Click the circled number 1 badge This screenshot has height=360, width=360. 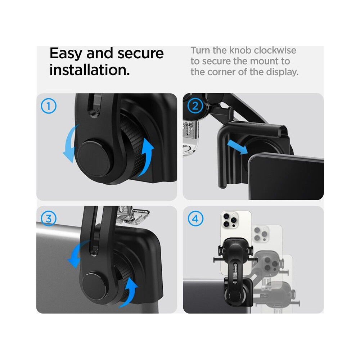click(x=49, y=106)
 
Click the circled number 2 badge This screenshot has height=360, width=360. click(x=195, y=106)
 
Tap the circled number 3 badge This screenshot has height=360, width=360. click(x=49, y=219)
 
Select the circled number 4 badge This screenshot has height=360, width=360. click(x=195, y=219)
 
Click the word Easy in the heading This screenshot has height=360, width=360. click(x=66, y=54)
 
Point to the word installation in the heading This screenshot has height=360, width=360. click(x=90, y=70)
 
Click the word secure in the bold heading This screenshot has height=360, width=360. click(x=140, y=54)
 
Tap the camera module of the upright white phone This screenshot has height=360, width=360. click(x=230, y=220)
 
